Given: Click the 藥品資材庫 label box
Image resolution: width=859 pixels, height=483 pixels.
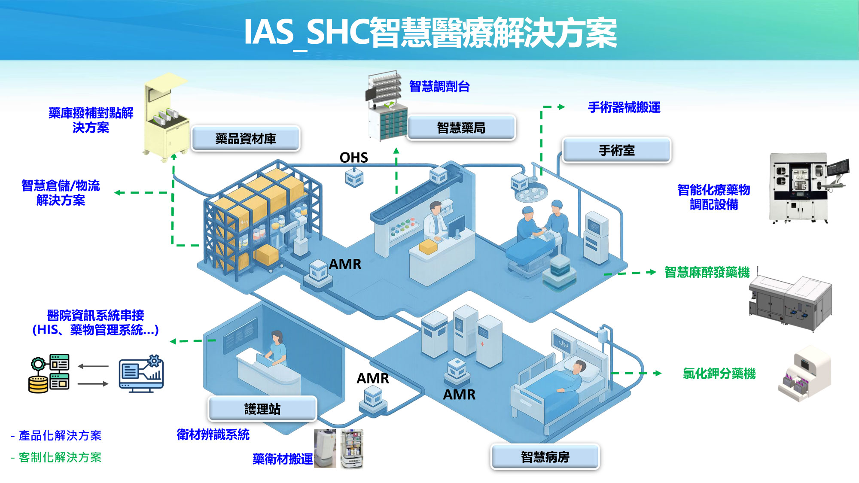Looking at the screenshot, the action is click(246, 138).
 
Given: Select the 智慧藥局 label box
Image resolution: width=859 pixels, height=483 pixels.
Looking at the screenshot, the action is click(461, 128).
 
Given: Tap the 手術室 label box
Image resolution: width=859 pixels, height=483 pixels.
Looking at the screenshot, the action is click(617, 150).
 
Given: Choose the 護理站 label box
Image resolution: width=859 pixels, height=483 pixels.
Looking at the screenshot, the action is click(262, 409).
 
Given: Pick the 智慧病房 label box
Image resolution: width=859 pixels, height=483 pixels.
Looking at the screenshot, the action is click(545, 457).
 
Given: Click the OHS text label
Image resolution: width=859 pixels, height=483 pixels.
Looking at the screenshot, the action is click(354, 158).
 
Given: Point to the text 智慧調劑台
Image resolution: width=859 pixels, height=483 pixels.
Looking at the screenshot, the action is click(439, 86).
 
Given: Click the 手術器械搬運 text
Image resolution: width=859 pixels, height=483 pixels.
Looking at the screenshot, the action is click(624, 107).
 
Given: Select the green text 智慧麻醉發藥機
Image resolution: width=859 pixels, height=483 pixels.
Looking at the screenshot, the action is click(707, 272).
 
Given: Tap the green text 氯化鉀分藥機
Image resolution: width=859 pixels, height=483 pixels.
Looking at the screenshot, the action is click(719, 374).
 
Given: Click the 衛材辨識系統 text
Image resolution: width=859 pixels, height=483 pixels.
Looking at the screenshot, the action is click(213, 434).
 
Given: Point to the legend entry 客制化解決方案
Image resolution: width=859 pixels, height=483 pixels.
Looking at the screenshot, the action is click(56, 457).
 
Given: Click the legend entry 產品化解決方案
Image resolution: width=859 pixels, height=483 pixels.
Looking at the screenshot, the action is click(56, 435).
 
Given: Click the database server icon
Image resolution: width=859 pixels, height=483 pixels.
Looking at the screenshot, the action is click(49, 374).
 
